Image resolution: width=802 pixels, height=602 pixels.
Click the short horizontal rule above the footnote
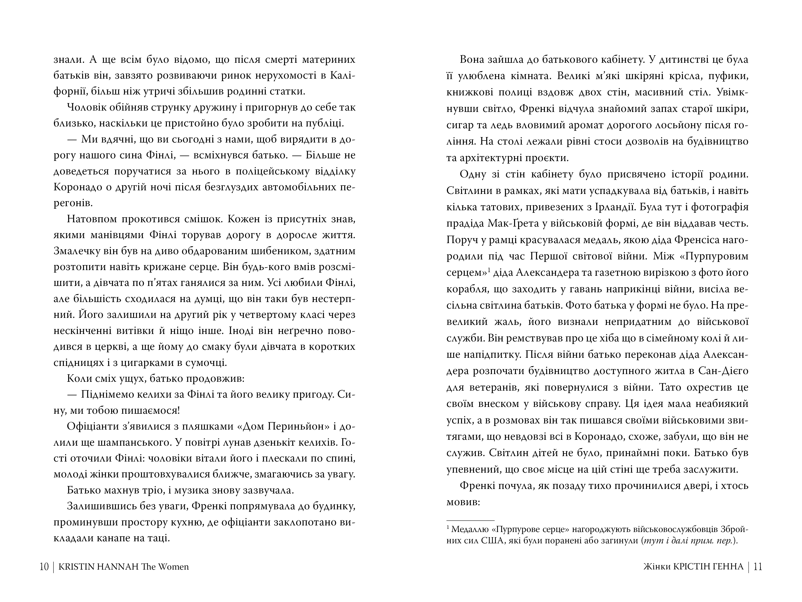point(470,521)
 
